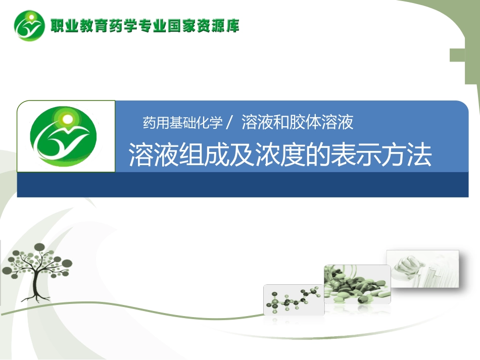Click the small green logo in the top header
point(29,25)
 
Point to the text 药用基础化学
point(182,123)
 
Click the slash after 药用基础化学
point(230,123)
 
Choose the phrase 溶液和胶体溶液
point(297,122)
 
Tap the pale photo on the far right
point(422,268)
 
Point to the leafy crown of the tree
point(38,260)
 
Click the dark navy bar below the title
point(243,185)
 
